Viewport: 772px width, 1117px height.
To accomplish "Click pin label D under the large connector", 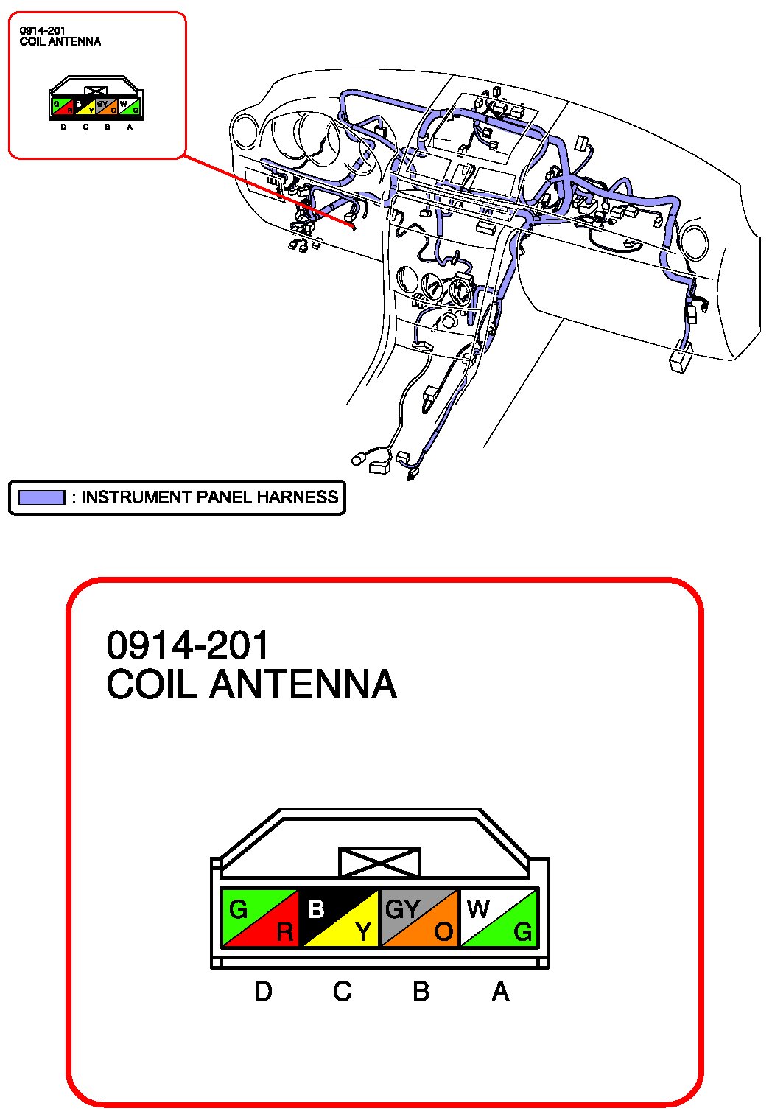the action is point(263,991).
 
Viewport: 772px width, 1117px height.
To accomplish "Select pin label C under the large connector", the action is point(342,991).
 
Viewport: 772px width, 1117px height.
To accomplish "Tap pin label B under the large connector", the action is point(421,991).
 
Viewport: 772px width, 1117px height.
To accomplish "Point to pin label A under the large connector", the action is point(501,991).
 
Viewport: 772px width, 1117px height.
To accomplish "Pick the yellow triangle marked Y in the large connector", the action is point(351,930).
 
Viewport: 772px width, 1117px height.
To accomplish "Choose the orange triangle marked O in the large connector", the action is point(432,930).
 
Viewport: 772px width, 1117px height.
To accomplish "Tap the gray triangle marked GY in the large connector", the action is point(407,908).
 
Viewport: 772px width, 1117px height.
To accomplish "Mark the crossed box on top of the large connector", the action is point(379,862).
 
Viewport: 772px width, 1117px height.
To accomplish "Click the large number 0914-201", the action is point(188,645).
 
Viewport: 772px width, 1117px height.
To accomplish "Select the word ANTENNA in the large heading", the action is point(303,684).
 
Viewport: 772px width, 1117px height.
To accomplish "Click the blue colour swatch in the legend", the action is point(42,497).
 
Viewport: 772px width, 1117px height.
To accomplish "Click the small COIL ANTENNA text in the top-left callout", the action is point(60,41).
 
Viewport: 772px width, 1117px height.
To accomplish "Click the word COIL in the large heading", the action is point(152,684).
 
